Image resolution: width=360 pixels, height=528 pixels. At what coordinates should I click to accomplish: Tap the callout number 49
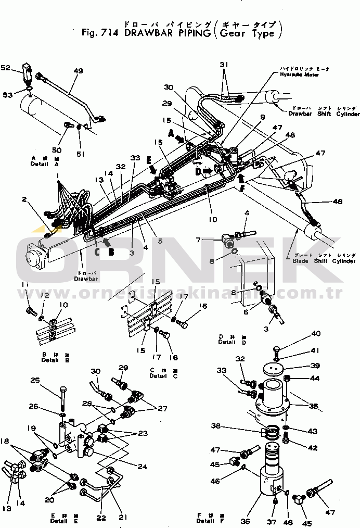click(x=79, y=71)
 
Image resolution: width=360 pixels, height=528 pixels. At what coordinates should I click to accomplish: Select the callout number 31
click(x=224, y=64)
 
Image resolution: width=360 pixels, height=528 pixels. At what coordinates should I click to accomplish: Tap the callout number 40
click(x=316, y=334)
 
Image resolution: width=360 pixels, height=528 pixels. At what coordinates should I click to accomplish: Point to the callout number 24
click(x=142, y=466)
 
